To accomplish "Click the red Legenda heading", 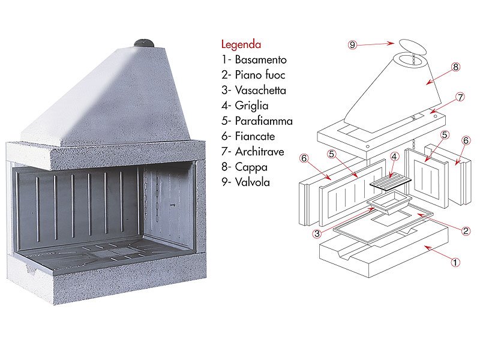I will (x=241, y=44).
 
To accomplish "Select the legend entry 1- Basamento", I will (x=253, y=60).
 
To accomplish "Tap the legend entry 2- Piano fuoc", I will (x=253, y=75).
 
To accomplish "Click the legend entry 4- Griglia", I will (x=243, y=106).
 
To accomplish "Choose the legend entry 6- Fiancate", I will (x=248, y=136).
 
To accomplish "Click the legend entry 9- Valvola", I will (x=245, y=181).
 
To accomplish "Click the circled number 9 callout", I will (x=353, y=44).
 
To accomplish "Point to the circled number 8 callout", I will (x=455, y=67).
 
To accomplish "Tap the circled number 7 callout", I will (x=460, y=97).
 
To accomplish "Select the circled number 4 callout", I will (x=394, y=157).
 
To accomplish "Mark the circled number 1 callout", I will (x=455, y=262).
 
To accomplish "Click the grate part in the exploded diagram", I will (x=391, y=179).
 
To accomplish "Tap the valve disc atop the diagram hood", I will (x=411, y=47).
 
